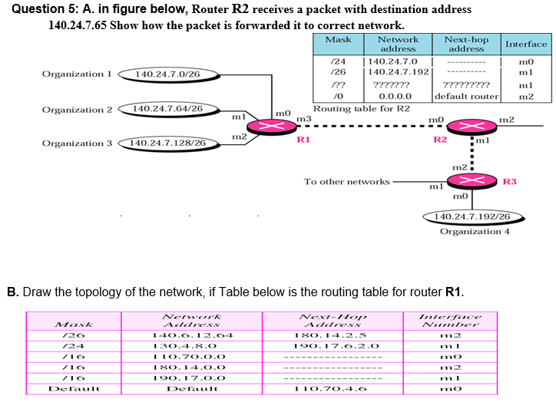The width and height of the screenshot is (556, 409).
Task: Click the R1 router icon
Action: pos(274,127)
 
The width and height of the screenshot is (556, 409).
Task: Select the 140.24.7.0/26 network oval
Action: pos(167,74)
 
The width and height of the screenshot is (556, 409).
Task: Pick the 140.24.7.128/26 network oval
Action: pos(167,143)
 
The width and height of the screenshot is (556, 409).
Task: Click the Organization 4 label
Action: pos(475,231)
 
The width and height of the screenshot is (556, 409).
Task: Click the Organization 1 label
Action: pos(77,74)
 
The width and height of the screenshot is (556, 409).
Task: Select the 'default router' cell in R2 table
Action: pos(466,97)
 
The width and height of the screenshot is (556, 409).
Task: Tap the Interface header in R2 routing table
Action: pos(526,44)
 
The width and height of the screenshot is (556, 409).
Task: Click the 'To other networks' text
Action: pos(346,182)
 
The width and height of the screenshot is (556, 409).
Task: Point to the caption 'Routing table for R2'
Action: pos(361,108)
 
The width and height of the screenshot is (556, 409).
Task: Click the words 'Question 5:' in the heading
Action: pos(43,9)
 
